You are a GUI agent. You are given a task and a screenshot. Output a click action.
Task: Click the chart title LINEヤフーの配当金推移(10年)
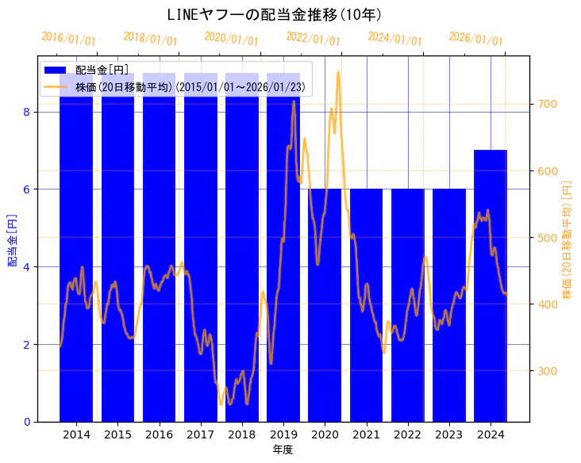pos(275,15)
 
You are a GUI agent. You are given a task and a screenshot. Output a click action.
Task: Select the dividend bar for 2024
pos(491,285)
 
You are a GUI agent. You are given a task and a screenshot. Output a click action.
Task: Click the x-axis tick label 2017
pos(201,434)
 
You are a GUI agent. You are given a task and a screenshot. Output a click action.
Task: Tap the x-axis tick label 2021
pos(366,434)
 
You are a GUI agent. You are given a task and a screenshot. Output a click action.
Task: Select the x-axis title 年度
pos(283,450)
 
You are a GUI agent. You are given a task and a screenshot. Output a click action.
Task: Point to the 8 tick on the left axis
pos(26,112)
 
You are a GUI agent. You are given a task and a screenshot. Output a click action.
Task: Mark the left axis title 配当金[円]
pos(12,239)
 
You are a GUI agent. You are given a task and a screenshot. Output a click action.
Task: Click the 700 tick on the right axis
pos(548,104)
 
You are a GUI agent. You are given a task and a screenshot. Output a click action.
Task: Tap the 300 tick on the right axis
pos(548,370)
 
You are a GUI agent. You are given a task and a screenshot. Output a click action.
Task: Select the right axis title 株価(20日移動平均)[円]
pos(567,239)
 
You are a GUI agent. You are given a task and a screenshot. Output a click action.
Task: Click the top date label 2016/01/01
pos(69,39)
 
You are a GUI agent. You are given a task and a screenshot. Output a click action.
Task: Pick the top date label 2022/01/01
pos(313,39)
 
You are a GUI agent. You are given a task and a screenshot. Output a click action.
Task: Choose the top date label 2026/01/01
pos(475,39)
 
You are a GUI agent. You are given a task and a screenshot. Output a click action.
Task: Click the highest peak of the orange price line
pos(338,72)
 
